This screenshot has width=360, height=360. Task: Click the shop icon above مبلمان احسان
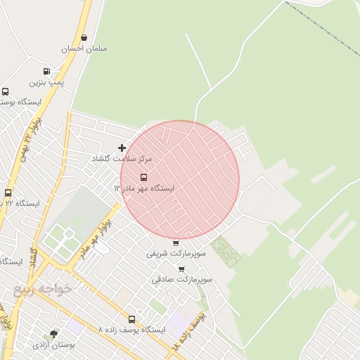point(84,37)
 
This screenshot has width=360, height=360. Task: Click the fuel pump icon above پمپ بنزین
point(46,71)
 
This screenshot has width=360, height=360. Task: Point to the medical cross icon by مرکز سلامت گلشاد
point(122,148)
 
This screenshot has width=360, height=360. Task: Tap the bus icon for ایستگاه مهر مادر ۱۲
point(144,177)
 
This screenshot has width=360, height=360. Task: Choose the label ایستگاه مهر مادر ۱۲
point(144,188)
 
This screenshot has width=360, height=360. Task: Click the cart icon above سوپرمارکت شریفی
point(176,243)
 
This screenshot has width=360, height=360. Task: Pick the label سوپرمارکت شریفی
point(176,254)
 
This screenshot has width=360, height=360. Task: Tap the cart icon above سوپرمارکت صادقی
point(181,269)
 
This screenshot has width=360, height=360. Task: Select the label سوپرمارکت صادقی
point(181,279)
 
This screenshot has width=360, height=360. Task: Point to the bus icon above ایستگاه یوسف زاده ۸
point(131,319)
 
